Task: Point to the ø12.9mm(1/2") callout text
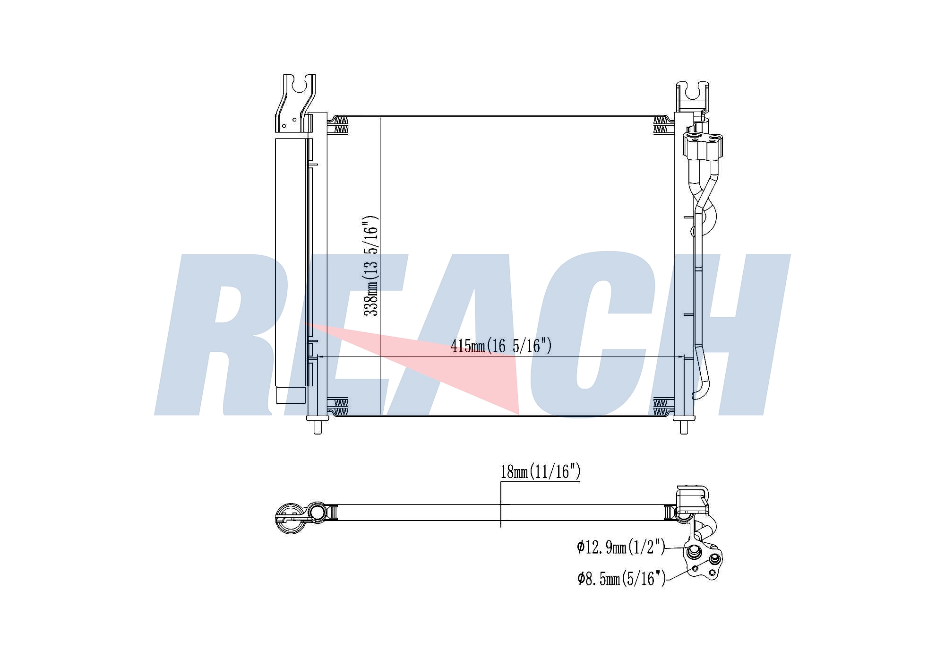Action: pos(621,547)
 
